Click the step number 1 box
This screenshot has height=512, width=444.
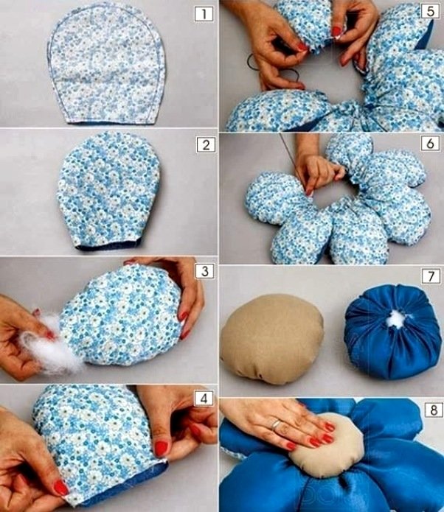pos(204,15)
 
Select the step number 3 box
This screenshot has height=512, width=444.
pos(205,271)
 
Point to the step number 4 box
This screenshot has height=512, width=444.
pos(204,399)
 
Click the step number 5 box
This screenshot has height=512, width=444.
pos(430,12)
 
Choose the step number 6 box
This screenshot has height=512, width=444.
pos(430,144)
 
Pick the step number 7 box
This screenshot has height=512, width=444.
pos(431,276)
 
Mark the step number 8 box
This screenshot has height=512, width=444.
pos(434,410)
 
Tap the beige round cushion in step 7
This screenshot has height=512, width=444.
pos(272,339)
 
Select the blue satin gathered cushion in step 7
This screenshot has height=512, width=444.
pos(392,331)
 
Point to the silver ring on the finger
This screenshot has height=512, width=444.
pos(277,424)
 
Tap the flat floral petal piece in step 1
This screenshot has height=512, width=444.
pos(106,63)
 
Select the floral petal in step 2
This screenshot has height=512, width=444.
pos(108,191)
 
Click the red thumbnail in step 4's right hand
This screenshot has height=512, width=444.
pos(161,449)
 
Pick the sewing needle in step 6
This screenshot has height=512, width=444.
pos(294,162)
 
